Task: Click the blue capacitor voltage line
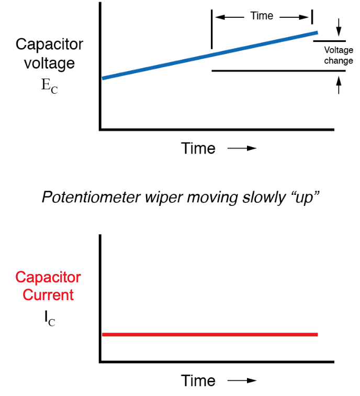[209, 55]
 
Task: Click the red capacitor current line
[209, 334]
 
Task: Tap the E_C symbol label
[49, 86]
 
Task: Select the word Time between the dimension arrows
[262, 16]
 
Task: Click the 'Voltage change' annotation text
[339, 56]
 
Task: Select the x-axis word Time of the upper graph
[198, 149]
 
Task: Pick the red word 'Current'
[48, 295]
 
